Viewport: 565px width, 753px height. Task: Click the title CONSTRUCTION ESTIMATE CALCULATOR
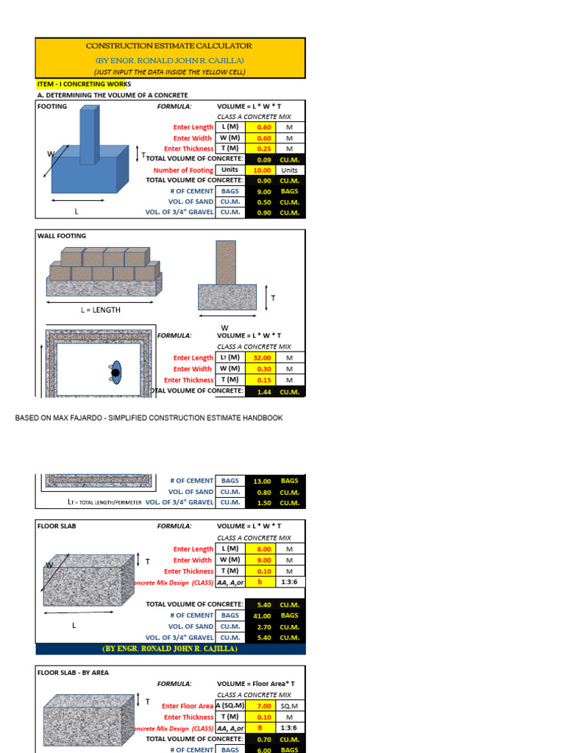pos(169,46)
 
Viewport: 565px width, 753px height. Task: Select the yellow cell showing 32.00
pos(264,358)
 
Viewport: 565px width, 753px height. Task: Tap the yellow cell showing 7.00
pos(264,706)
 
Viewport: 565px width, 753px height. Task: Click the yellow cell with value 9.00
pos(264,560)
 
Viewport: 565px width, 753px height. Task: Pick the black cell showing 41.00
pos(263,615)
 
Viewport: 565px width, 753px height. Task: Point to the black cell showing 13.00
pos(263,481)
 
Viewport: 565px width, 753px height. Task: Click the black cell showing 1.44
pos(264,392)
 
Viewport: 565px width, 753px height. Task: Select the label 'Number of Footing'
pos(183,170)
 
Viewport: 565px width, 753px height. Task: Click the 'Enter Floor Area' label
pos(188,706)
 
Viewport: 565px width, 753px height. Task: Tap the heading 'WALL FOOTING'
pos(62,236)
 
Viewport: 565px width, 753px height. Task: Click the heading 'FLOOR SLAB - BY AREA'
pos(73,672)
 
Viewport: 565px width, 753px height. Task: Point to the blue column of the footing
pos(88,136)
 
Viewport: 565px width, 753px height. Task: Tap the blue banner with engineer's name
pos(170,649)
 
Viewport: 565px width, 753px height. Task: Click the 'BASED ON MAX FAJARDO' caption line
pos(149,418)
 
